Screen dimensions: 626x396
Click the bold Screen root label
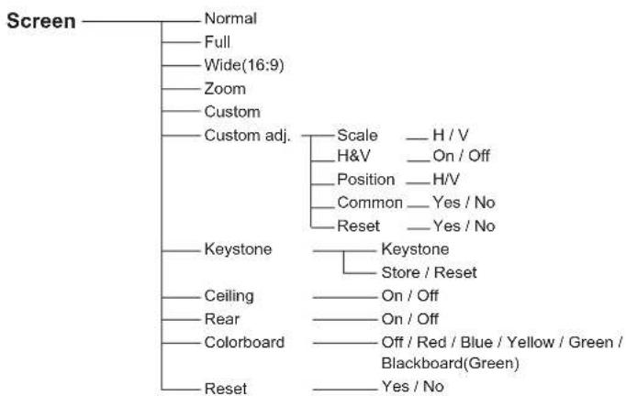(x=41, y=21)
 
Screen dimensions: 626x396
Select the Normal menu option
(x=230, y=18)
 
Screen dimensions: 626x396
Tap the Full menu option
(x=218, y=42)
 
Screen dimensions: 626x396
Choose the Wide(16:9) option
(x=244, y=65)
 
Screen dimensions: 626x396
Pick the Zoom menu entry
(x=225, y=89)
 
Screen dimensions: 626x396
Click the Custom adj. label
(x=247, y=136)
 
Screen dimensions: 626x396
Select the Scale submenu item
(x=357, y=135)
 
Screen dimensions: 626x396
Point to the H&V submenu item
(x=353, y=156)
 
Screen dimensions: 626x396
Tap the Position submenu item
(x=365, y=180)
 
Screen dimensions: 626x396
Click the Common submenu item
(x=370, y=203)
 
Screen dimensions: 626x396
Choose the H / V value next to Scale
(x=451, y=135)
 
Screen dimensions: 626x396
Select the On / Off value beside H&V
(x=461, y=156)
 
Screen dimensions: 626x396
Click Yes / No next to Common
(x=464, y=203)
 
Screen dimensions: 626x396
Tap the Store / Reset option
(x=430, y=273)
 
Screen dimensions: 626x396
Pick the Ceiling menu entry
(x=229, y=296)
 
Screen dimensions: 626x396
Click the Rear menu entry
(x=221, y=319)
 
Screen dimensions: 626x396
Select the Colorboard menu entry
(x=244, y=343)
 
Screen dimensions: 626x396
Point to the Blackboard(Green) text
(x=451, y=363)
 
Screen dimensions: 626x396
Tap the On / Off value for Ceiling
(x=410, y=296)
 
